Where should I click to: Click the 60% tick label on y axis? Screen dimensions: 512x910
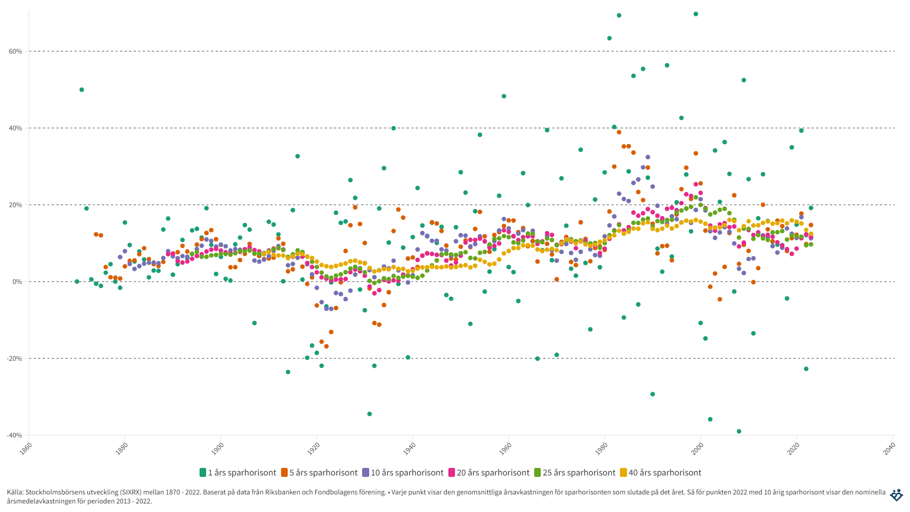[x=16, y=51]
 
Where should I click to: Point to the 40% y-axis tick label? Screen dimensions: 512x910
[x=16, y=128]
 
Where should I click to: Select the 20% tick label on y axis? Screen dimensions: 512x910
[x=16, y=205]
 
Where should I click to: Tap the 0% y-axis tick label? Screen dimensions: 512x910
[x=18, y=282]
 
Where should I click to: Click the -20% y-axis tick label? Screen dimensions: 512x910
[x=15, y=358]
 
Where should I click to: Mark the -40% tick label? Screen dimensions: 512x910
[x=15, y=435]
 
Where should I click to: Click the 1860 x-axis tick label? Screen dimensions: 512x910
[x=26, y=448]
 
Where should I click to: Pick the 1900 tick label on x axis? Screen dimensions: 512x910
[x=218, y=448]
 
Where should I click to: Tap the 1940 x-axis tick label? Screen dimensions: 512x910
[x=409, y=448]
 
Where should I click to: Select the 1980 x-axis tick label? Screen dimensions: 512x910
[x=601, y=448]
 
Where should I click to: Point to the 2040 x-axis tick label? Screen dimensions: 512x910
[x=889, y=448]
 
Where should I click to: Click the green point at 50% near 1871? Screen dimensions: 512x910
[x=82, y=90]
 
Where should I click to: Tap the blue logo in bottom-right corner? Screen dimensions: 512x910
[x=896, y=495]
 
